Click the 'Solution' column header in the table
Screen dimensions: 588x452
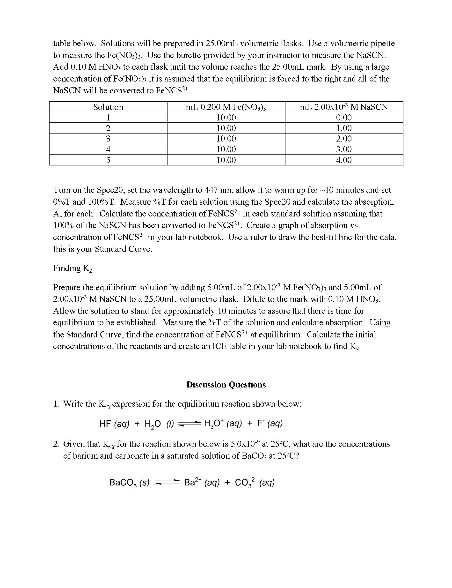[x=108, y=107]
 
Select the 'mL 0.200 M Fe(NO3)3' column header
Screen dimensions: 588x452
[x=226, y=107]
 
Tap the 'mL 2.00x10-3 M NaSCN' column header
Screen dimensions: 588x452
[x=344, y=107]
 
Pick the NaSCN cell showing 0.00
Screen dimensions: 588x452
[x=344, y=118]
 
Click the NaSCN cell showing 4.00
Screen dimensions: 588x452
[x=344, y=160]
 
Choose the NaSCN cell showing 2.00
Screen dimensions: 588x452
[x=344, y=139]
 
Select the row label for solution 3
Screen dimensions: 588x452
[x=108, y=139]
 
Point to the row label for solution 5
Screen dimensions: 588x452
[x=108, y=160]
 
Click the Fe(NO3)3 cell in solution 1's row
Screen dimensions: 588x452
[x=226, y=118]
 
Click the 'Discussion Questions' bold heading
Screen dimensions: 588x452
[x=226, y=385]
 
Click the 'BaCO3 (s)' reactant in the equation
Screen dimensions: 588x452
[x=129, y=483]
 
